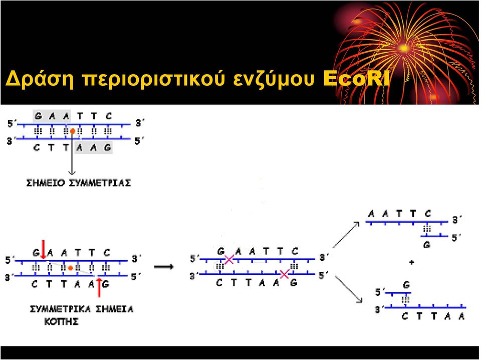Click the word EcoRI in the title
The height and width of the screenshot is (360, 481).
356,79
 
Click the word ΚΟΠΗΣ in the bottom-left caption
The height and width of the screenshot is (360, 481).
61,321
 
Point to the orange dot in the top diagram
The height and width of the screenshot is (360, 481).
72,131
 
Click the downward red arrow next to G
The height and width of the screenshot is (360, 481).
43,250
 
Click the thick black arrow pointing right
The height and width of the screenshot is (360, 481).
164,267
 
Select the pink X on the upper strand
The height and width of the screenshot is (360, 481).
229,260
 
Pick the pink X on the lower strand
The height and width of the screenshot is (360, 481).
285,274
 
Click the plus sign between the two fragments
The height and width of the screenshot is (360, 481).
412,262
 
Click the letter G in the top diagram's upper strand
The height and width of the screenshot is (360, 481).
39,116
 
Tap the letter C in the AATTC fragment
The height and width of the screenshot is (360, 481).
428,213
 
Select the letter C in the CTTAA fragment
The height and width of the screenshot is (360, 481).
405,316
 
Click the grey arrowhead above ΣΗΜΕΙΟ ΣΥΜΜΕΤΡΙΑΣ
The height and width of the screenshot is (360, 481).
72,172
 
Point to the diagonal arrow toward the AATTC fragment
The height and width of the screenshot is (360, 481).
346,235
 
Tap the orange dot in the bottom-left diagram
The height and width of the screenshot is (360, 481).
71,268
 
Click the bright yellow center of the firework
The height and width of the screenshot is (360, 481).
403,48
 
